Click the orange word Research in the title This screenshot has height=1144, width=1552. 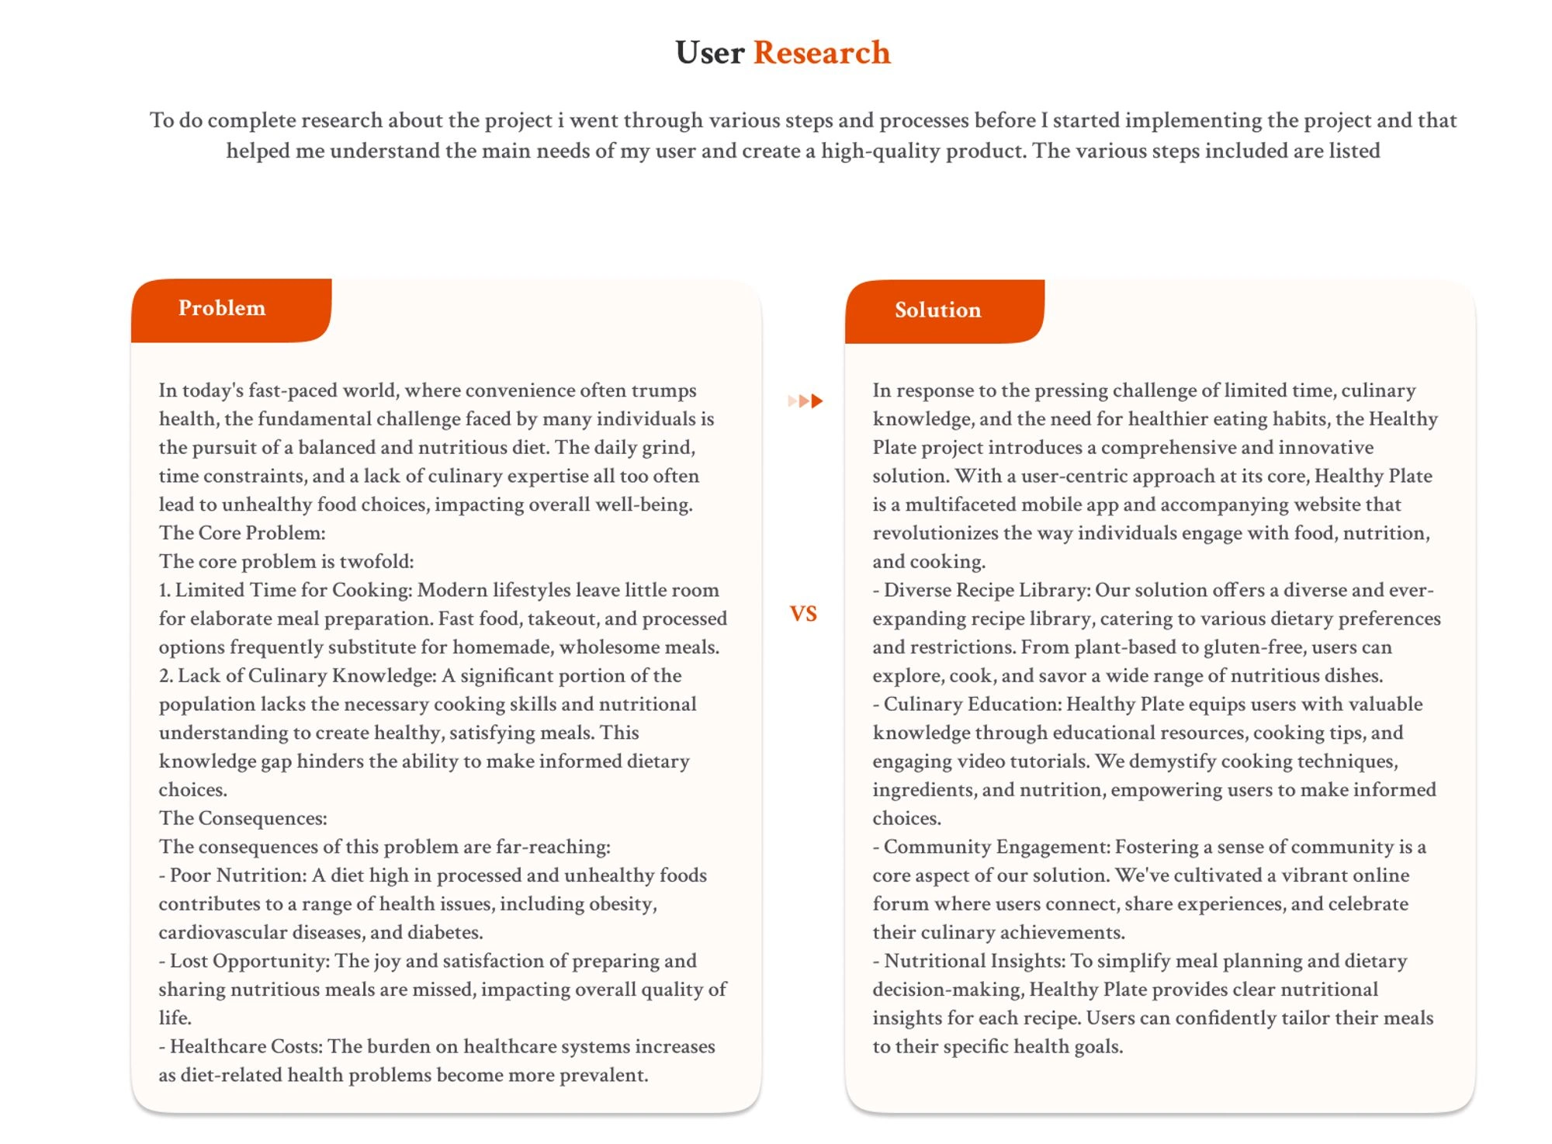click(821, 53)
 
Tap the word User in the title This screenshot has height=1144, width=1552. click(709, 53)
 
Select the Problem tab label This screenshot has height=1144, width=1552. click(222, 308)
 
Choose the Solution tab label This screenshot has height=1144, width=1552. click(937, 310)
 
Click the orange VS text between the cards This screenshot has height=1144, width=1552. click(803, 614)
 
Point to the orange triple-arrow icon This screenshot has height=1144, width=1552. click(805, 401)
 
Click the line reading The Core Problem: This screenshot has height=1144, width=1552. click(242, 533)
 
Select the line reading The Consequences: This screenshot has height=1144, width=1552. click(243, 819)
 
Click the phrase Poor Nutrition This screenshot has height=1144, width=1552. click(238, 875)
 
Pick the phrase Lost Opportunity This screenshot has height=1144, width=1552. click(249, 961)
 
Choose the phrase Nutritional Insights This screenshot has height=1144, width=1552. click(974, 961)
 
